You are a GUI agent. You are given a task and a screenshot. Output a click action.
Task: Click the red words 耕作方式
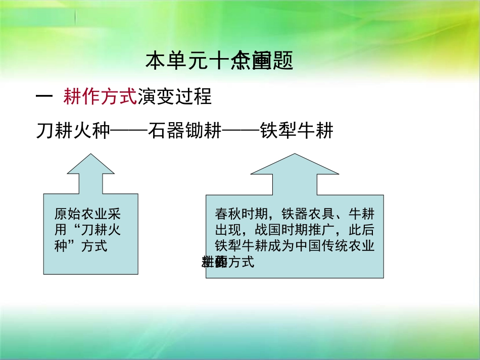[100, 96]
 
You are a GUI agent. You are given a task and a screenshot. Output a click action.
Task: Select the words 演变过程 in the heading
[174, 96]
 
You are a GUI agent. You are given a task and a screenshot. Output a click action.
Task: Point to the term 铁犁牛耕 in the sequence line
[297, 131]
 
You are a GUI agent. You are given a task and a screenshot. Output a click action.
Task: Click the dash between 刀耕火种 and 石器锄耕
[129, 131]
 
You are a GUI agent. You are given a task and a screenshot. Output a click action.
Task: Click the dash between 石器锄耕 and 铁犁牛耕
[241, 131]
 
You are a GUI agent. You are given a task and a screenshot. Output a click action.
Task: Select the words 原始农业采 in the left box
[87, 214]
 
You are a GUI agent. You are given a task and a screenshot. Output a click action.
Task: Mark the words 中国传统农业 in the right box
[342, 246]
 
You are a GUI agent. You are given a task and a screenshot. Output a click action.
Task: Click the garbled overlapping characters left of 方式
[214, 262]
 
